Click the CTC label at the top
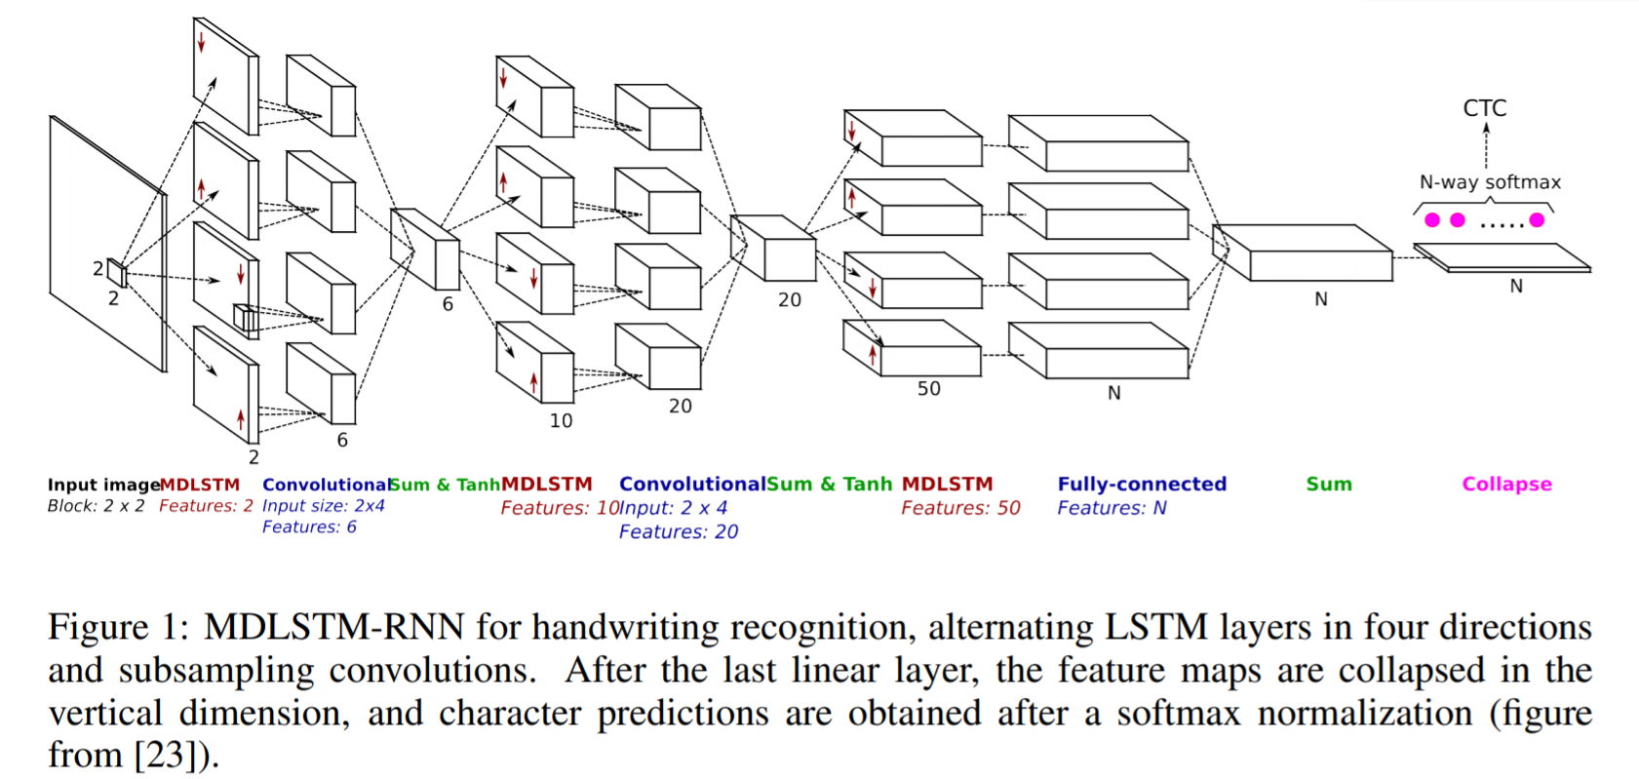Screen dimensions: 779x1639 click(1484, 108)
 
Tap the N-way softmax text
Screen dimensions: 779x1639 click(1490, 182)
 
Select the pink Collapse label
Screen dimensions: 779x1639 click(1506, 485)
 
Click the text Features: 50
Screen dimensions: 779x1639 click(960, 508)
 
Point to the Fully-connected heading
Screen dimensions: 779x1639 click(1142, 485)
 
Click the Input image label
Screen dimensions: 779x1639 click(103, 485)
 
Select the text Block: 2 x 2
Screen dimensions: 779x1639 click(96, 506)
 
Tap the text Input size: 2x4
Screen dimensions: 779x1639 click(323, 506)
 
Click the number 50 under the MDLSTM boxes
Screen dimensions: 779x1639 click(928, 389)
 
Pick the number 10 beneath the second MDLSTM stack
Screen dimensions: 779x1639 click(561, 421)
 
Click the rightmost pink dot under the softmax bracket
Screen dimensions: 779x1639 click(1538, 220)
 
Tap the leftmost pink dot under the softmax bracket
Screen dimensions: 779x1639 click(1432, 220)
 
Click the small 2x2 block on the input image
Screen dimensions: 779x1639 click(117, 273)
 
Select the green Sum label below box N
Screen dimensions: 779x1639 click(1329, 485)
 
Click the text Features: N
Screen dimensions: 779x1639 click(1112, 508)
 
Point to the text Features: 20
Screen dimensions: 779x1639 click(678, 532)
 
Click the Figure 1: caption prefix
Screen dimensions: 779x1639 click(118, 627)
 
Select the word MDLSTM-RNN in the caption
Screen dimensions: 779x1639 click(333, 627)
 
